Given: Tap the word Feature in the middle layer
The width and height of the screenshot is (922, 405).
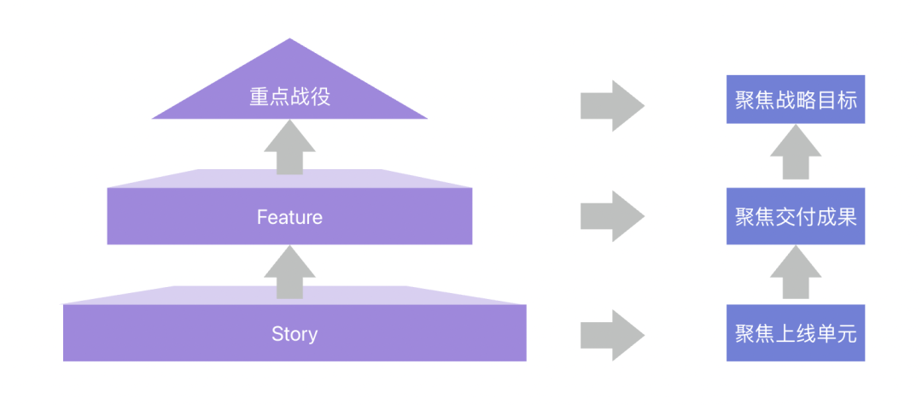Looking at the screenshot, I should point(289,217).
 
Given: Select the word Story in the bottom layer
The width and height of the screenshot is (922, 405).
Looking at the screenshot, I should point(295,333).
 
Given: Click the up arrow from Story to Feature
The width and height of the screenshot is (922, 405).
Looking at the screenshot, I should point(289,272).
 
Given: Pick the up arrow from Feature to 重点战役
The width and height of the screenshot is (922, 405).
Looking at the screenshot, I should point(289,148).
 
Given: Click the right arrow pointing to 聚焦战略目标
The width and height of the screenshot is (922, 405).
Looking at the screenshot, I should point(611,104).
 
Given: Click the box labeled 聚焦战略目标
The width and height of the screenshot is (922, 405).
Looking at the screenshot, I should point(795,99).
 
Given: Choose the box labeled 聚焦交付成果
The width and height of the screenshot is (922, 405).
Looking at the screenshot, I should point(795,216).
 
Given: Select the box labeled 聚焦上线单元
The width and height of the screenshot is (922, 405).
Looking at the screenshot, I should point(795,333).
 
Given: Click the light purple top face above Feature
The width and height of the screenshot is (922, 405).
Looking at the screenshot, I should point(289,178).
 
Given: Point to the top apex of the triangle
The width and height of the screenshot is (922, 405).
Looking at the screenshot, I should point(290,41).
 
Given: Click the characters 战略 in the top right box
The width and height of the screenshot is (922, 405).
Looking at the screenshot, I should point(795,99).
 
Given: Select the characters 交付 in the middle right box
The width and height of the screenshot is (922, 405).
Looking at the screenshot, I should point(795,217).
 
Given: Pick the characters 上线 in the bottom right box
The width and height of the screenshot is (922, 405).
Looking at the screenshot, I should point(795,333).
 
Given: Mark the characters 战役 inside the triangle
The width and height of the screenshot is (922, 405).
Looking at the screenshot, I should point(310,97).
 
